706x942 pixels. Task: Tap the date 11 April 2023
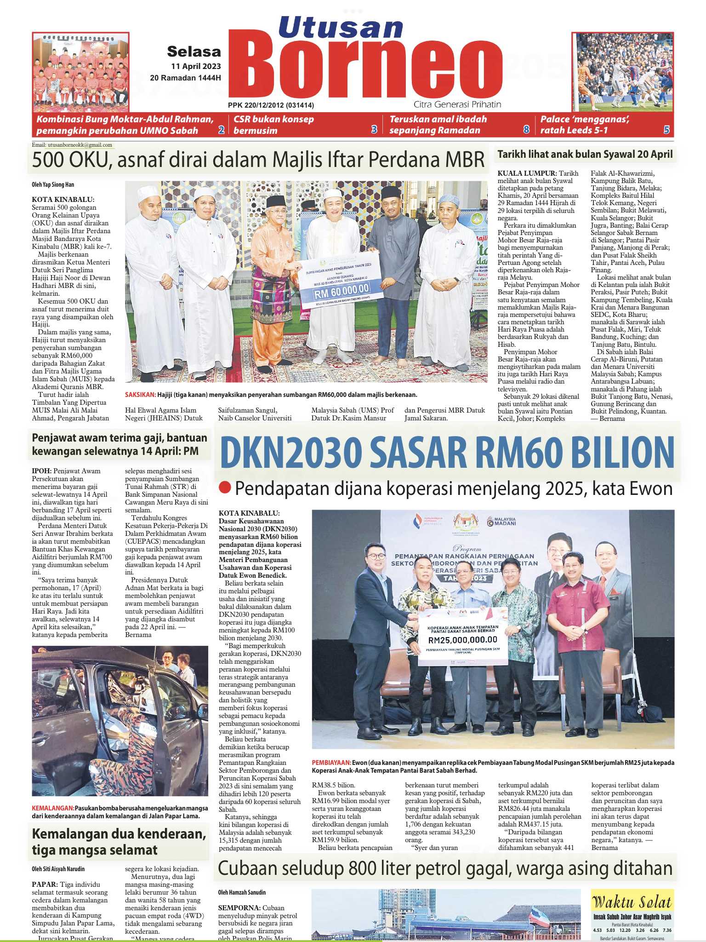click(196, 66)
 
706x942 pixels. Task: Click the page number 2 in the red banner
click(221, 130)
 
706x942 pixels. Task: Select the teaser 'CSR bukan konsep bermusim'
click(274, 125)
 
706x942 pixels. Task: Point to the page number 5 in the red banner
click(666, 130)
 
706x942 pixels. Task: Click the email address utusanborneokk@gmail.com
click(72, 145)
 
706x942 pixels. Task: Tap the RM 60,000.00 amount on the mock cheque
click(336, 288)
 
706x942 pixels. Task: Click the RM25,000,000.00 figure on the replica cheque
click(462, 639)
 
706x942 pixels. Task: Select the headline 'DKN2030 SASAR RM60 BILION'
click(447, 453)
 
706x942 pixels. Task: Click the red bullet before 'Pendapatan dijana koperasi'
click(225, 488)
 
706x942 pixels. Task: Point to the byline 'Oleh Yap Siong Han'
click(53, 184)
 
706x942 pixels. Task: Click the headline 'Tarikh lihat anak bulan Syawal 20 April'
click(585, 154)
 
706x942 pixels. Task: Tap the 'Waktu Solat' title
click(632, 902)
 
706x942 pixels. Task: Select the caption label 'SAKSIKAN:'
click(140, 395)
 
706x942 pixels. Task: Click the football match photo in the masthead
click(622, 72)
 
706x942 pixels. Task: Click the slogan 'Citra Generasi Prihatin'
click(457, 104)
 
